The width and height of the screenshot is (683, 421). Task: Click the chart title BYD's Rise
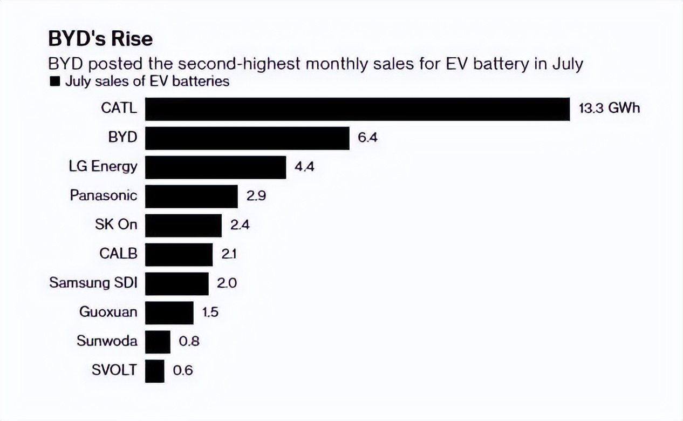100,39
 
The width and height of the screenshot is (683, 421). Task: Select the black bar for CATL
357,109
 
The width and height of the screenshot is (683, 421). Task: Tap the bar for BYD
247,138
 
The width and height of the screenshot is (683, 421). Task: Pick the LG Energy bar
215,167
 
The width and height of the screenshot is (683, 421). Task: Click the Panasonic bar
192,196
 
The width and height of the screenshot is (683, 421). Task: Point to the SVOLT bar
155,371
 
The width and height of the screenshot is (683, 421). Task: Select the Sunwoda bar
158,342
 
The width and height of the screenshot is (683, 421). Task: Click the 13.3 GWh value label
609,108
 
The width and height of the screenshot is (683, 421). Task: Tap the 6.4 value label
367,138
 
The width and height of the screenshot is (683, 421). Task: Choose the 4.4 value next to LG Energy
304,167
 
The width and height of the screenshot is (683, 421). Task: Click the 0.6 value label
182,371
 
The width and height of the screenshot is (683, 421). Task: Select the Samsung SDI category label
93,283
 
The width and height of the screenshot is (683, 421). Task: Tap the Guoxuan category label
108,312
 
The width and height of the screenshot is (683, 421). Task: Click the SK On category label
112,225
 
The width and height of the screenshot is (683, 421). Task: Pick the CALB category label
118,254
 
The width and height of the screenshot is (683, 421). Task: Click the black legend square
53,82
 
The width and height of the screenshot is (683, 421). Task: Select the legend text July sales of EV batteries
147,82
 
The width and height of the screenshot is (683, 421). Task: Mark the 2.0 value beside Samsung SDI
226,283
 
